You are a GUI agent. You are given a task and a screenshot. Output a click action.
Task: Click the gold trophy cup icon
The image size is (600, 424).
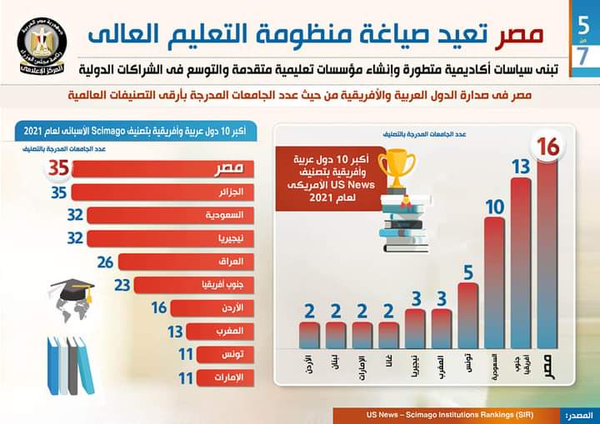coord(398,170)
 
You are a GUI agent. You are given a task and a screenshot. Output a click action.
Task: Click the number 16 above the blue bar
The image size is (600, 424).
coord(547,147)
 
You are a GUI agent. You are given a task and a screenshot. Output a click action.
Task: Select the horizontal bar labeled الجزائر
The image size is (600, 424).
coord(162,192)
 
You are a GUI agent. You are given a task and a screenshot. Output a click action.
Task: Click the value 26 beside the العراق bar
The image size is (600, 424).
coord(104,262)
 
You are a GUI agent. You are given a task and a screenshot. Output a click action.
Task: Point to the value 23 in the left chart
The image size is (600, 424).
coord(122,285)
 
